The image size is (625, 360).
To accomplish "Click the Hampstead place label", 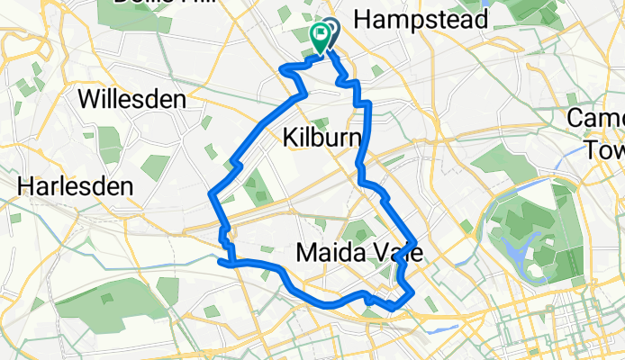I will pyautogui.click(x=422, y=19).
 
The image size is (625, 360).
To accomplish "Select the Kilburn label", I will pyautogui.click(x=322, y=138).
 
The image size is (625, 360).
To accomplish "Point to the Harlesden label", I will pyautogui.click(x=76, y=187).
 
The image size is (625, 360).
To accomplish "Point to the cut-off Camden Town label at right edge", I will pyautogui.click(x=603, y=135).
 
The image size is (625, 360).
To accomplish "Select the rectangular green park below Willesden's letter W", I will pyautogui.click(x=108, y=139).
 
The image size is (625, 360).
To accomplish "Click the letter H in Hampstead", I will pyautogui.click(x=366, y=20).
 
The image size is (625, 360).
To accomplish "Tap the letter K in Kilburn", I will pyautogui.click(x=289, y=138).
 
